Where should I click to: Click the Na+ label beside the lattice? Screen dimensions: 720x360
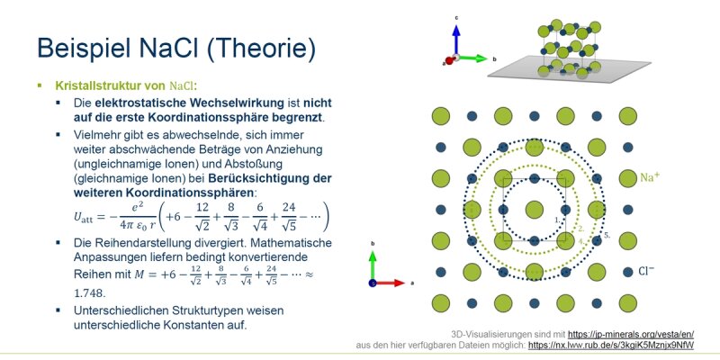[x=650, y=177]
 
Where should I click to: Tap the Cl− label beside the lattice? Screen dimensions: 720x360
[x=646, y=272]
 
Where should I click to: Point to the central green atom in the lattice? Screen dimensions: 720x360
[x=534, y=210]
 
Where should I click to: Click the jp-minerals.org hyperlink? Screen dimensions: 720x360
[x=631, y=334]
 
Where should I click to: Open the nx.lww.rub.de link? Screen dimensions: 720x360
[x=611, y=345]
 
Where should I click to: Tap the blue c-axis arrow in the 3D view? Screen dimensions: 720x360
[x=456, y=40]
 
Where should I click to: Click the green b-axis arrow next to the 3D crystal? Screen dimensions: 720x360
[x=472, y=58]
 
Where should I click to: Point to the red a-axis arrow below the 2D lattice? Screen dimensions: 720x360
[x=389, y=283]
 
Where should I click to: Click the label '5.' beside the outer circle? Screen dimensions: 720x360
[x=607, y=236]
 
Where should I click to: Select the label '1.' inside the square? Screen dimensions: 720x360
[x=557, y=220]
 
